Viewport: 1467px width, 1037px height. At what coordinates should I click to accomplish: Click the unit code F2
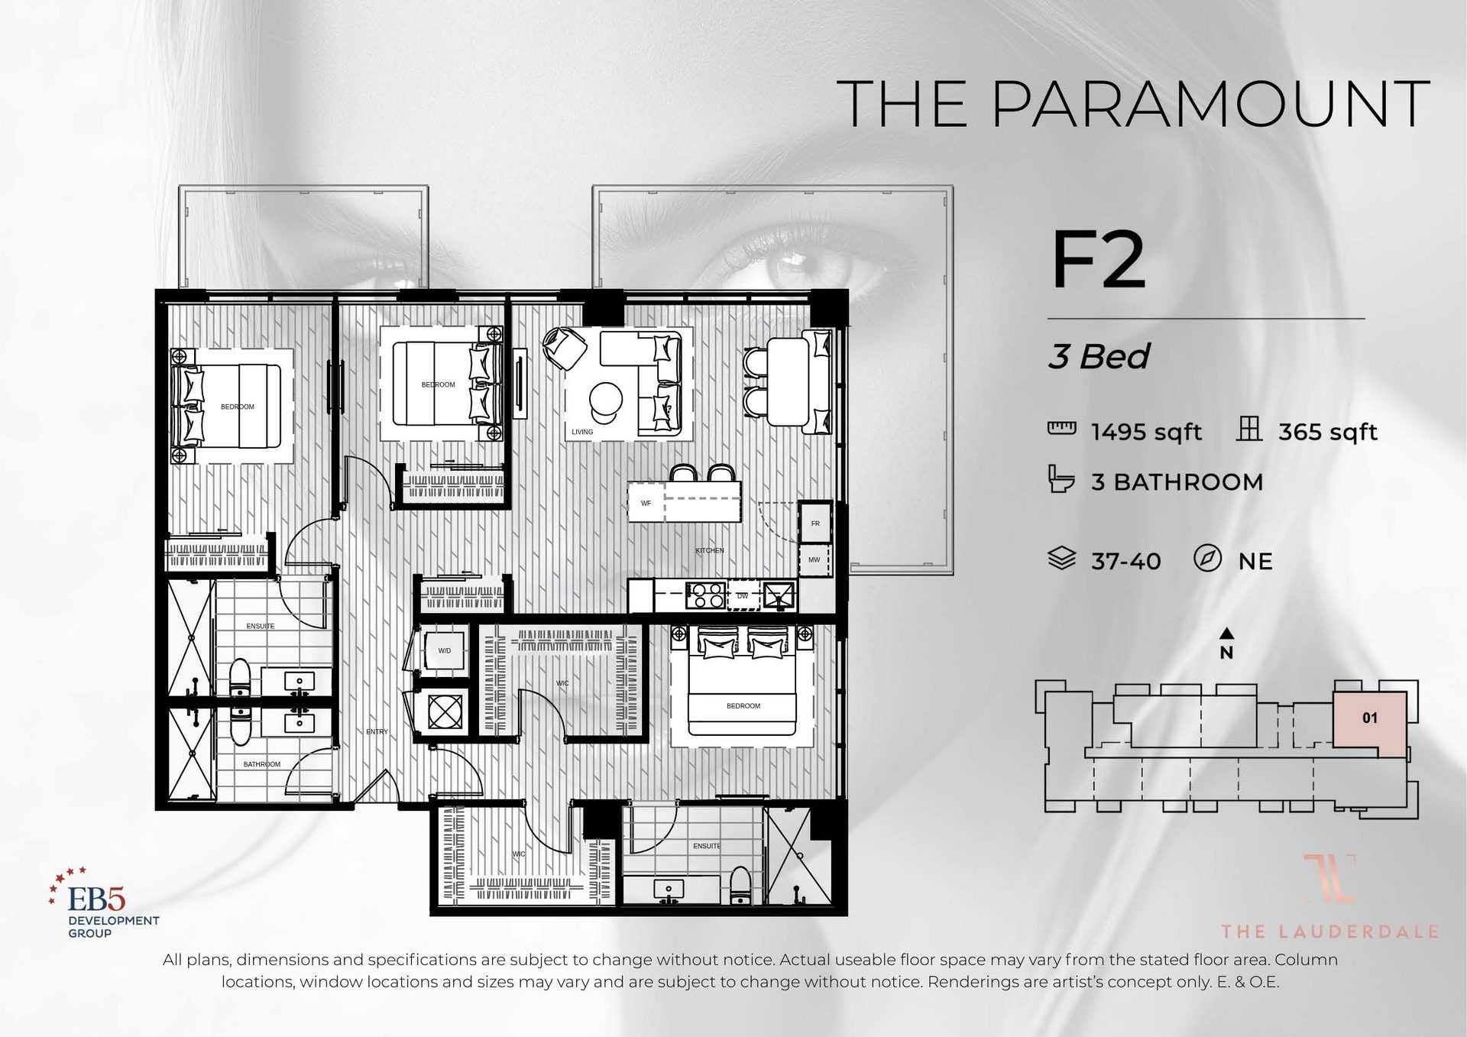[1098, 261]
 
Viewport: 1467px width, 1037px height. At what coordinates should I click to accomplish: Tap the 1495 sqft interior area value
[1146, 433]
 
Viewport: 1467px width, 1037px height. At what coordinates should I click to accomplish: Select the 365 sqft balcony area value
[1327, 433]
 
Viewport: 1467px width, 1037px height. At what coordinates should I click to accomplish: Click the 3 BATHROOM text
[1177, 482]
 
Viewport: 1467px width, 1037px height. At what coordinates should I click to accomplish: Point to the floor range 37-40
[1125, 562]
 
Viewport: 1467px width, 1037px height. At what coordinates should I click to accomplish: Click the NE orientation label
[1255, 562]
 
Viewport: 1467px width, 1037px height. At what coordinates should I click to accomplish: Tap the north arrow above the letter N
[1226, 634]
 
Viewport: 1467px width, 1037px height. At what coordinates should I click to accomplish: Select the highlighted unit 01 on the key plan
[1369, 718]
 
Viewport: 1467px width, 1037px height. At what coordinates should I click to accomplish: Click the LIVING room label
[582, 433]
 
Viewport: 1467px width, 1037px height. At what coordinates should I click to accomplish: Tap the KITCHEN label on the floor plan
[709, 551]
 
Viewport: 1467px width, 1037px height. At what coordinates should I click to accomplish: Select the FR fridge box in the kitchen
[815, 523]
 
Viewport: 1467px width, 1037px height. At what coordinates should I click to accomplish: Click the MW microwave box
[814, 560]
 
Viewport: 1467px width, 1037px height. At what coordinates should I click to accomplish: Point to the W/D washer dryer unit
[444, 651]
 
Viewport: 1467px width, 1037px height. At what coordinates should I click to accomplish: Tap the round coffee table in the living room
[606, 399]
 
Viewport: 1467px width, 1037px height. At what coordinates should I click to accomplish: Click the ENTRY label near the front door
[377, 732]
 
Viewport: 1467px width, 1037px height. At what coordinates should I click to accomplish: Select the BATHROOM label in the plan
[261, 764]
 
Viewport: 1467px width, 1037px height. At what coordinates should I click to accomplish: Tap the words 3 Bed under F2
[1098, 357]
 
